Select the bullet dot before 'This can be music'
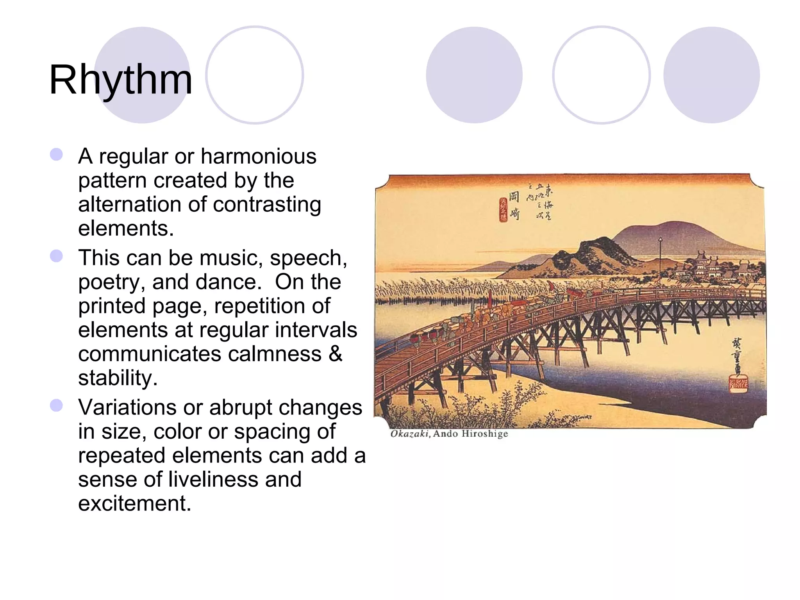tap(57, 256)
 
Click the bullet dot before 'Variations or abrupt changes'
tap(57, 405)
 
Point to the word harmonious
tap(258, 157)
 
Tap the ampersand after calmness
tap(335, 354)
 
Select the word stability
tap(118, 378)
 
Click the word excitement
tap(134, 504)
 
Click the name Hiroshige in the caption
tap(484, 434)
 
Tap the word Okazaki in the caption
tap(410, 434)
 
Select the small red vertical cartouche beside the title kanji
tap(503, 209)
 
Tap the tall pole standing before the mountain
tap(660, 262)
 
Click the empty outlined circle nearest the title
tap(255, 75)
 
